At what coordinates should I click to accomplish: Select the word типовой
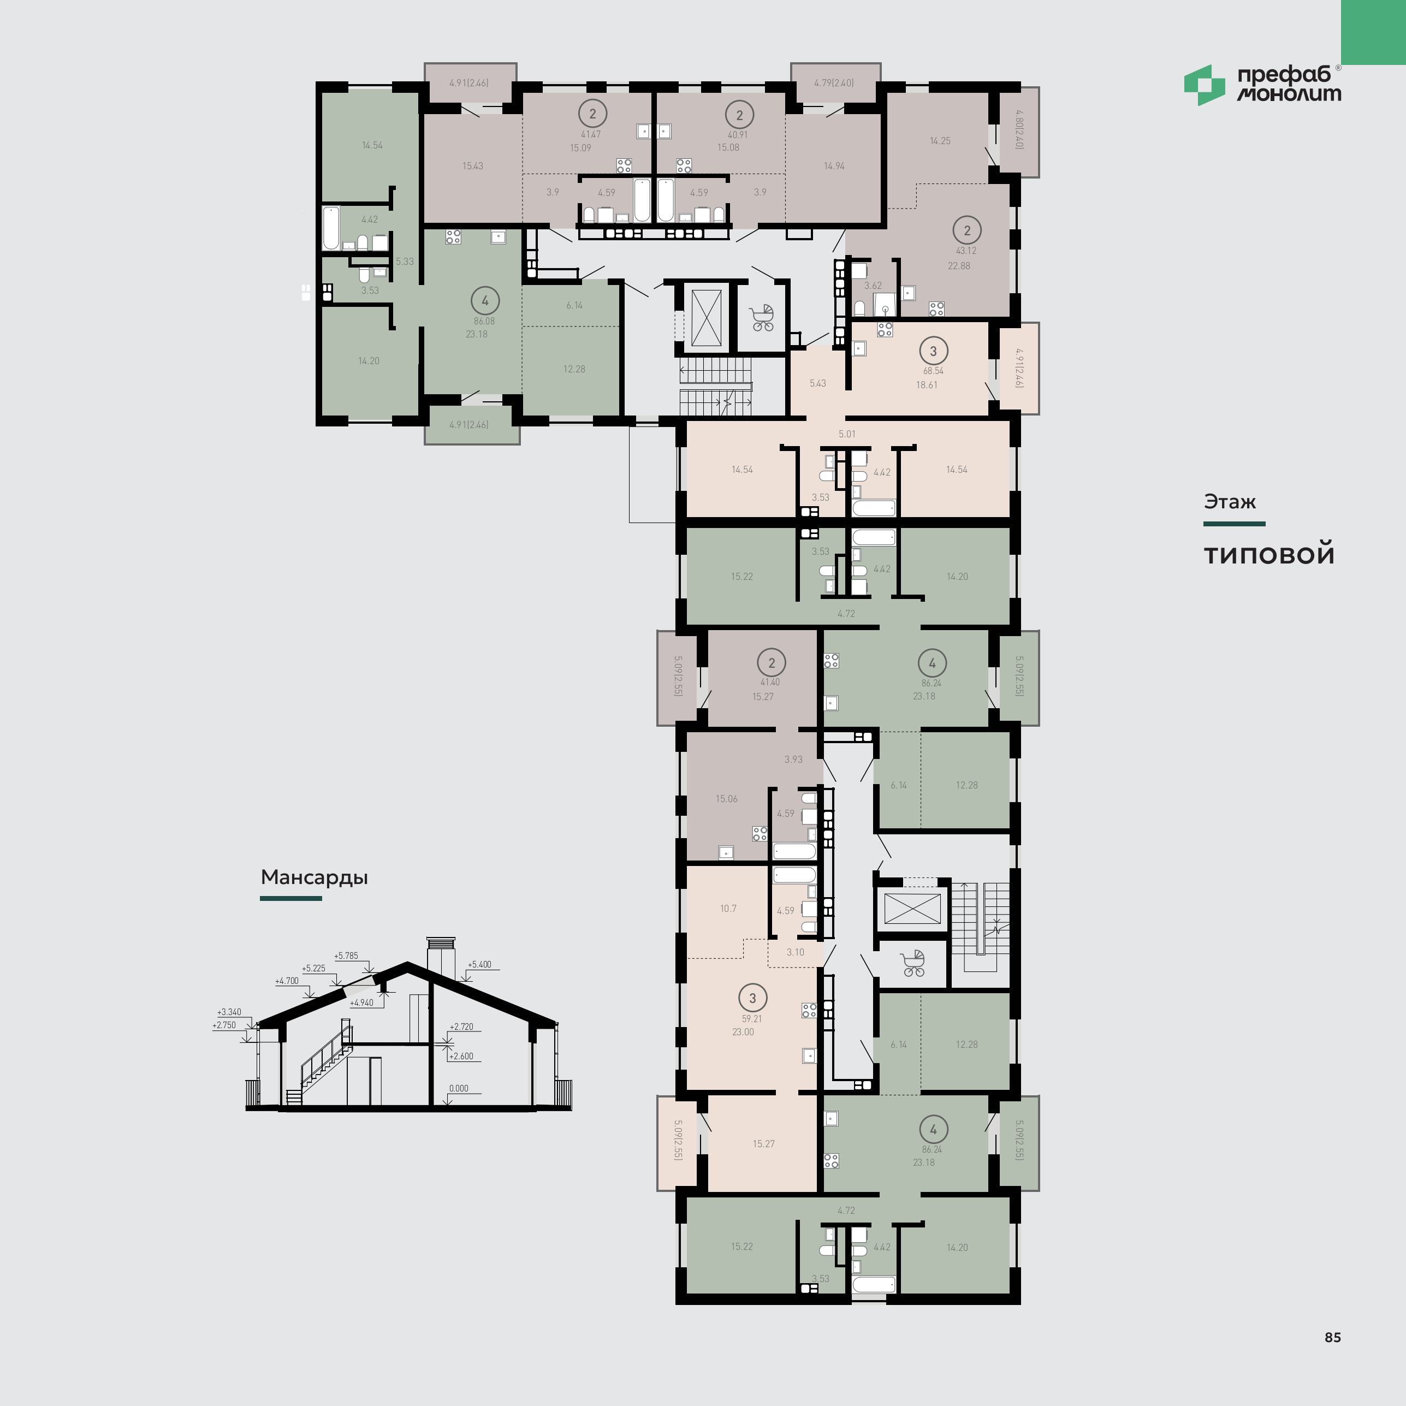(1269, 555)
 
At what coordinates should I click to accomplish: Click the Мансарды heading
(315, 877)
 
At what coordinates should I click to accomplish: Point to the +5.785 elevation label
(346, 956)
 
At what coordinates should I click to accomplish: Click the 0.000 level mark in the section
(459, 1089)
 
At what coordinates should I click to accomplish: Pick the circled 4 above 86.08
(485, 300)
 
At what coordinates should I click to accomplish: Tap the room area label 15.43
(472, 166)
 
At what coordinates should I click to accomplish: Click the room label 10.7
(728, 908)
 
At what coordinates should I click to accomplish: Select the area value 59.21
(752, 1019)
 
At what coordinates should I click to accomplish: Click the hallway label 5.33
(405, 261)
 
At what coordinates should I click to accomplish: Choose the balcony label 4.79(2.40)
(834, 83)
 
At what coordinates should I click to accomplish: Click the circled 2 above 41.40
(772, 662)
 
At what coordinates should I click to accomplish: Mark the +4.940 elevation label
(361, 1003)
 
